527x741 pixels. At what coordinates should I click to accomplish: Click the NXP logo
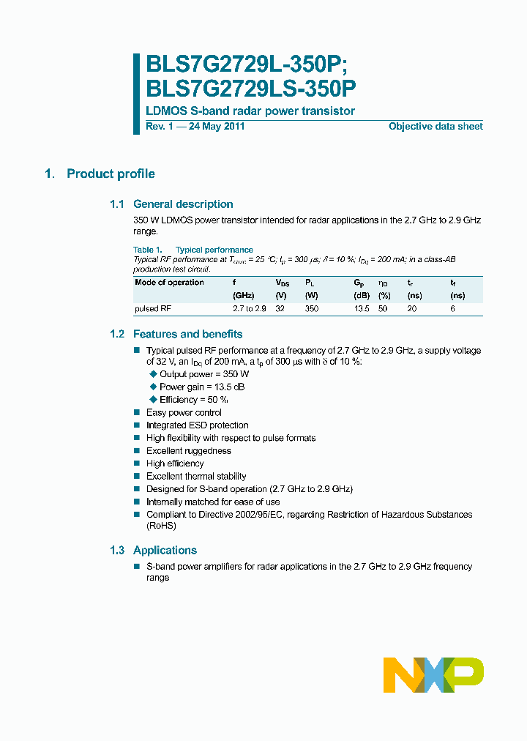(433, 674)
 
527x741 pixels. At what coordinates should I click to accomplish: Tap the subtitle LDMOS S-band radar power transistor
(250, 111)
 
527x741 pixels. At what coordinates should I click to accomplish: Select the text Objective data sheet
(435, 127)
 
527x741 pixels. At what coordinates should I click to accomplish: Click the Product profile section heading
(111, 174)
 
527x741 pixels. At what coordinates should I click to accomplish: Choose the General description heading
(183, 204)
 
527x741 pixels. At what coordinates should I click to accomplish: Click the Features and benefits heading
(187, 334)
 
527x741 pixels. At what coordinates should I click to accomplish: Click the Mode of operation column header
(169, 283)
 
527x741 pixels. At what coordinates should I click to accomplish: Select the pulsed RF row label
(152, 309)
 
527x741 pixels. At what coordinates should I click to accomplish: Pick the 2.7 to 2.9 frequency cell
(249, 309)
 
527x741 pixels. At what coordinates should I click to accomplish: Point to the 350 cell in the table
(313, 309)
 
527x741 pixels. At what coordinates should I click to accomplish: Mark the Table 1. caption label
(147, 250)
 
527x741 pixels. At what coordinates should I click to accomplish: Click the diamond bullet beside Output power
(153, 374)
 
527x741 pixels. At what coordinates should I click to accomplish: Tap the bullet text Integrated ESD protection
(197, 425)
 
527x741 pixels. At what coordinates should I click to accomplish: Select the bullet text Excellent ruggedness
(188, 451)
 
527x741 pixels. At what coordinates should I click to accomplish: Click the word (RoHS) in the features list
(161, 526)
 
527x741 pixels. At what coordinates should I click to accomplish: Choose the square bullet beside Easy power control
(136, 413)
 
